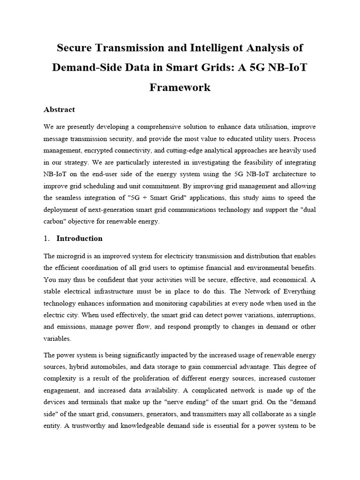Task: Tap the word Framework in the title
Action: tap(180, 87)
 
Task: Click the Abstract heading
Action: tap(59, 109)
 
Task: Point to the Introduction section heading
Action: tap(79, 238)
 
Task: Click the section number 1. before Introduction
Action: tap(46, 238)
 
